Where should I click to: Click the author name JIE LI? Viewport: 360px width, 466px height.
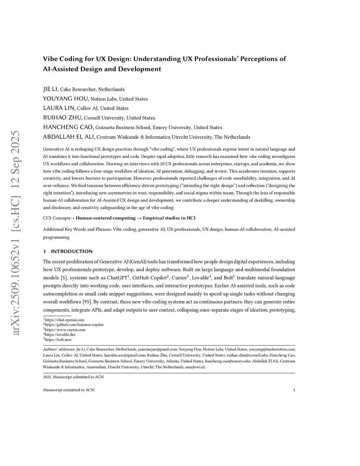click(x=51, y=89)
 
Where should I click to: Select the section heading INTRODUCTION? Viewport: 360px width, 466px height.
click(x=72, y=251)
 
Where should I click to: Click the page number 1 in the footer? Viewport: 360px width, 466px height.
click(x=294, y=390)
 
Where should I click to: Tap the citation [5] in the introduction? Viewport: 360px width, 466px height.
click(x=64, y=278)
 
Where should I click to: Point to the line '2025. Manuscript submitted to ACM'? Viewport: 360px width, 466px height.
click(x=73, y=377)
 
